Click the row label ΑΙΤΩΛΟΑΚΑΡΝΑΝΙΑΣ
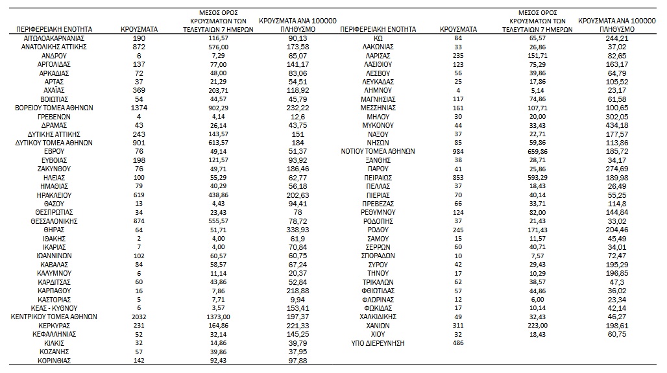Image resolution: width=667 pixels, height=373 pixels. coord(54,38)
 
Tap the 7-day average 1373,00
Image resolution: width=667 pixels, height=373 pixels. coord(223,317)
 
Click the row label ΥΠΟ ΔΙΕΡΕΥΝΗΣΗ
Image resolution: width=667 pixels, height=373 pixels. coord(377,343)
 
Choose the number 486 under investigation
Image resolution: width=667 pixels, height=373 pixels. coord(457,343)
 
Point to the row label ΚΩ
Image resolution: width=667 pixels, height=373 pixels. coord(377,38)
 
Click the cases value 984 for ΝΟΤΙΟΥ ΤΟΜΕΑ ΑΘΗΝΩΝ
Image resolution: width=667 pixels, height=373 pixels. coord(457,150)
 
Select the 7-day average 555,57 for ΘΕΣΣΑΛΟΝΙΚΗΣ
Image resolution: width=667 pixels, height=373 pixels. coord(223,221)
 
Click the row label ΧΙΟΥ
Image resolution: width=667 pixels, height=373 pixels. coord(377,334)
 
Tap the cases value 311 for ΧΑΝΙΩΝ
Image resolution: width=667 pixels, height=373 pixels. coord(457,325)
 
